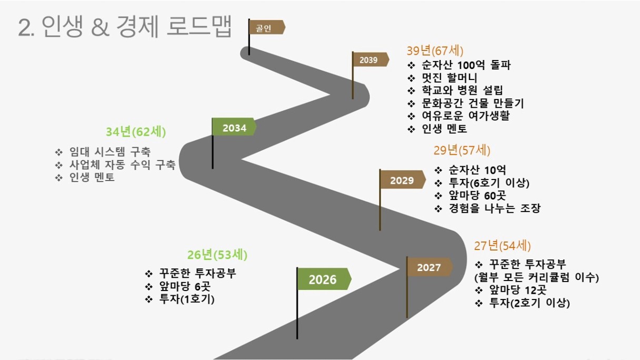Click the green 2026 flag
[324, 279]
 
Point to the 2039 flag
[371, 59]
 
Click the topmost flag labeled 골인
[267, 27]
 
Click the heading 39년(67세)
[435, 51]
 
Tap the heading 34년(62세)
[136, 132]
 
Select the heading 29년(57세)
[462, 151]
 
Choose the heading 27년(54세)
[502, 246]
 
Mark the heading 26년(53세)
[217, 255]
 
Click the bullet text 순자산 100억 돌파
[466, 65]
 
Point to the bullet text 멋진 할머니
[449, 78]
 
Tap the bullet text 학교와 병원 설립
[462, 91]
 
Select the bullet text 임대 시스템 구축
[109, 152]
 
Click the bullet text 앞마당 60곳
[477, 196]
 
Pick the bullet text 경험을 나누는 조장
[495, 208]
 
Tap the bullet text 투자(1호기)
[187, 299]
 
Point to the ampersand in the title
[101, 27]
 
